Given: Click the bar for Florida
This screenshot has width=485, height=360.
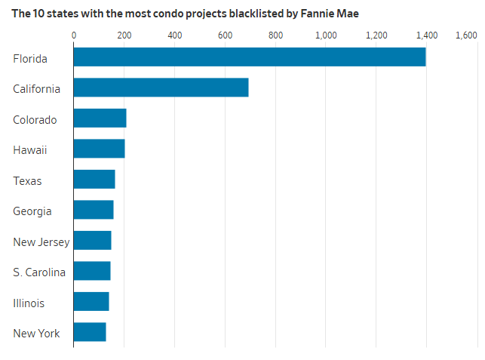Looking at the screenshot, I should click(x=249, y=57).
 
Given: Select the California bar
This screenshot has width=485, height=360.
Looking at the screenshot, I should click(x=161, y=88).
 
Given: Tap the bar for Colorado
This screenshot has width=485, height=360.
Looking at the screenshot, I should click(x=100, y=118).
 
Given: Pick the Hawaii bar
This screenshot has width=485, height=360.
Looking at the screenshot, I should click(x=99, y=149).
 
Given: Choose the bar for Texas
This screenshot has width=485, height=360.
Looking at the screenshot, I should click(x=94, y=180).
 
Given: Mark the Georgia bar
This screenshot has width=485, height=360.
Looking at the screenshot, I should click(x=94, y=210).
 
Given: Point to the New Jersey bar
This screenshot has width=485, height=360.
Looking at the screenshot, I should click(x=92, y=241).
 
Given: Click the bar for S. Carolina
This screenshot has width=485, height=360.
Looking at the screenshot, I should click(x=92, y=271).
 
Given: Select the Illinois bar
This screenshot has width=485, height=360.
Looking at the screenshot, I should click(x=91, y=302).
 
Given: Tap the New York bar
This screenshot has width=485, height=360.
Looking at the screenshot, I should click(x=90, y=332).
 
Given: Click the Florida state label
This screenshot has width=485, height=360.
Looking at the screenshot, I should click(x=30, y=58).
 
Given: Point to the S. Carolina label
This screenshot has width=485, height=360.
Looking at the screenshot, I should click(x=39, y=272).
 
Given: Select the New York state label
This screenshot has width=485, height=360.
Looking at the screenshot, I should click(x=37, y=334).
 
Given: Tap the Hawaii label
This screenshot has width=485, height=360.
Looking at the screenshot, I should click(x=30, y=150).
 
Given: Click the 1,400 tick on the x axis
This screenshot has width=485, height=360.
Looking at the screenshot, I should click(x=427, y=35).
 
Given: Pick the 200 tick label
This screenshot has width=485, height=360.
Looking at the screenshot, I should click(x=124, y=35).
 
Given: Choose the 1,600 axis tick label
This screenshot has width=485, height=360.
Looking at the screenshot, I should click(x=465, y=35).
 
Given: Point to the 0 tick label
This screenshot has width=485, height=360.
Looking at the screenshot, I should click(x=74, y=35).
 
